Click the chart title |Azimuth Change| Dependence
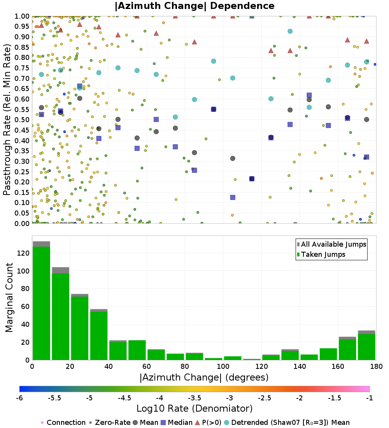(194, 6)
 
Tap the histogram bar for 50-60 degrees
(137, 350)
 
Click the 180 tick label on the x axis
(375, 367)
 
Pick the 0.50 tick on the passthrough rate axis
(22, 119)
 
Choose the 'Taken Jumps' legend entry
(323, 254)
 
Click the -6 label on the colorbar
(19, 398)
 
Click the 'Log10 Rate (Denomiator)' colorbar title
(194, 409)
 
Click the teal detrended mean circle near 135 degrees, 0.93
(290, 31)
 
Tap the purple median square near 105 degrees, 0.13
(233, 197)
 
